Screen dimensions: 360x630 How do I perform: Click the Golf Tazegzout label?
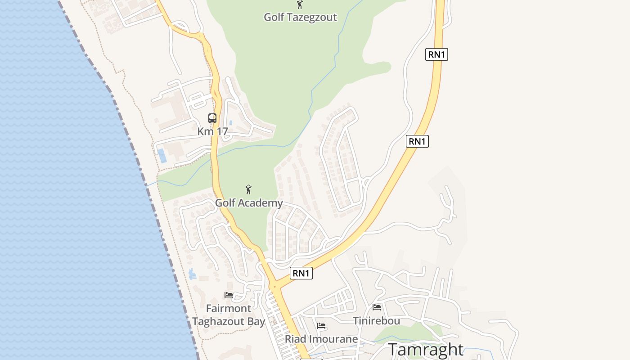click(300, 17)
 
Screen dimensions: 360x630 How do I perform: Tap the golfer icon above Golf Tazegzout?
click(300, 4)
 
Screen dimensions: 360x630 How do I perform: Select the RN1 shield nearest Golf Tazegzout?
click(436, 54)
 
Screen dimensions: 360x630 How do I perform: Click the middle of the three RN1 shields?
click(417, 141)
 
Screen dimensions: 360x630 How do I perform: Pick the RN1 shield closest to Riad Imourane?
click(301, 273)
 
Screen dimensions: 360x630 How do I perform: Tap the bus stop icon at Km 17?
click(212, 118)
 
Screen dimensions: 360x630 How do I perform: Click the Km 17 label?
click(213, 131)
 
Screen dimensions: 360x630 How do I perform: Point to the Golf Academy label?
click(249, 203)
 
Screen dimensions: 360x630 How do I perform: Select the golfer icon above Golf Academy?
click(248, 190)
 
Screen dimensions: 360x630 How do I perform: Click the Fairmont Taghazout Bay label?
click(229, 315)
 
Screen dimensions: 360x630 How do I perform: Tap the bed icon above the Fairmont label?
click(229, 295)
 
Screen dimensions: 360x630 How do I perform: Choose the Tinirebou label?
click(377, 321)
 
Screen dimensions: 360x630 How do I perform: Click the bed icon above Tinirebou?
click(377, 307)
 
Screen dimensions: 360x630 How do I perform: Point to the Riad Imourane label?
click(321, 339)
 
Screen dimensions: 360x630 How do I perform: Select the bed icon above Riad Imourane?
click(321, 326)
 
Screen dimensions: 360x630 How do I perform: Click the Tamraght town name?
click(425, 350)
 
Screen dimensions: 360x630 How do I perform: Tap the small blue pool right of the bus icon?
click(230, 122)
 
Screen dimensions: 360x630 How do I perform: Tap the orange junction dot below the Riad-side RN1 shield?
click(274, 286)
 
